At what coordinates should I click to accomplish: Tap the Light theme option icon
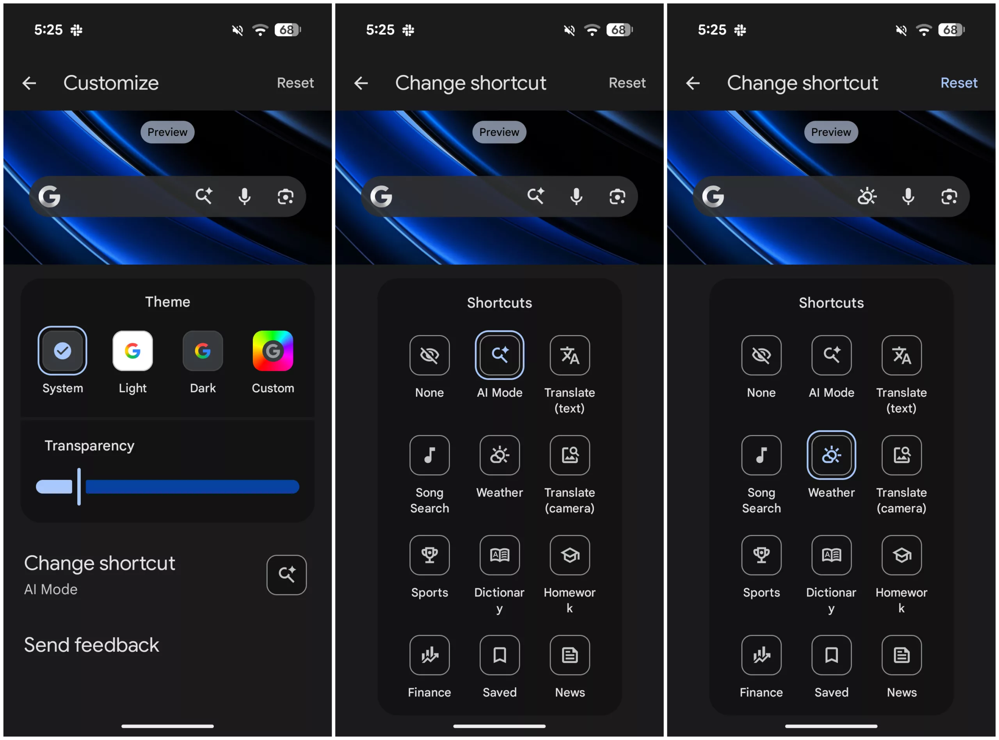coord(132,351)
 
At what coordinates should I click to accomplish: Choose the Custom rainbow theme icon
coord(272,351)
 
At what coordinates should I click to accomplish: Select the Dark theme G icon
coord(203,351)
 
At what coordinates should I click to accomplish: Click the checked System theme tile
coord(63,351)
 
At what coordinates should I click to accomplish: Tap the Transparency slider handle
coord(79,487)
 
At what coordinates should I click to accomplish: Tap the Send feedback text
coord(92,645)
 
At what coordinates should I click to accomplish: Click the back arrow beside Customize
coord(30,83)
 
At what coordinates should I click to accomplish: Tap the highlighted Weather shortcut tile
coord(831,455)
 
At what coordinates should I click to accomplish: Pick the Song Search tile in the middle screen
coord(429,455)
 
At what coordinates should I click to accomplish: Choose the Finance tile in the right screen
coord(761,655)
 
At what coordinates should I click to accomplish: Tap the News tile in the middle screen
coord(570,655)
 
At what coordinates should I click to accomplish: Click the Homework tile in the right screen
coord(901,555)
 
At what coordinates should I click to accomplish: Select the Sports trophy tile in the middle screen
coord(429,555)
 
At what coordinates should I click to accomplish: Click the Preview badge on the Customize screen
coord(167,132)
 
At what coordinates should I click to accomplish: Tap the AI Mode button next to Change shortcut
coord(286,575)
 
